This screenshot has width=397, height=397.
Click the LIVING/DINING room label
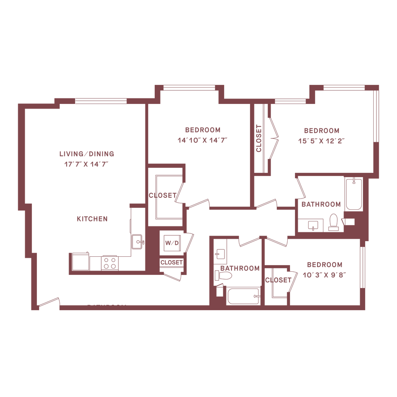[86, 154]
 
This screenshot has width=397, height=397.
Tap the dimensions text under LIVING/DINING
[86, 164]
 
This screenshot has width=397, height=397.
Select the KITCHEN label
[92, 219]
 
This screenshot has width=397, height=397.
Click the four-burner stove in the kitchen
[110, 262]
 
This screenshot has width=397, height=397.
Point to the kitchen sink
[137, 242]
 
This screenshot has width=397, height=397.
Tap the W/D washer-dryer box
[171, 243]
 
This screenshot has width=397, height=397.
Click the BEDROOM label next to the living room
[203, 129]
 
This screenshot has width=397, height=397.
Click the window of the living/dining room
[101, 102]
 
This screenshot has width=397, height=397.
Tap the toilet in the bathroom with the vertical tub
[333, 221]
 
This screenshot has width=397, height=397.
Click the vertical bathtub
[352, 194]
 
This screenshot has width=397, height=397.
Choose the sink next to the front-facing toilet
[312, 224]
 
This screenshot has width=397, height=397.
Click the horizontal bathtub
[242, 297]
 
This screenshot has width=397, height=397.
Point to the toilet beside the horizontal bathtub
[224, 276]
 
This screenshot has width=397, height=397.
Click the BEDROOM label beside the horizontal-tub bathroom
[325, 265]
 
